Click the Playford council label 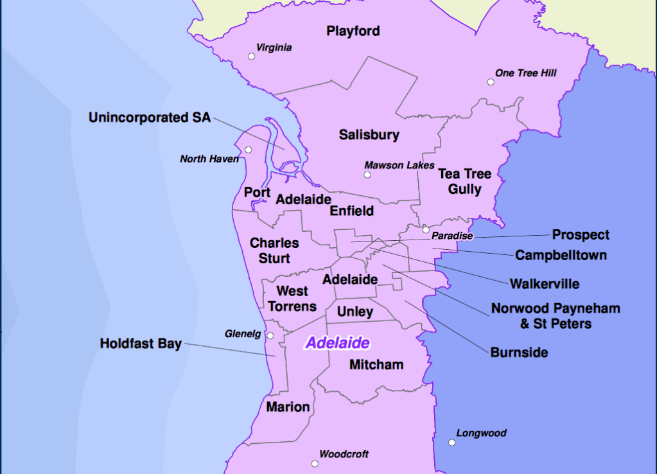(353, 31)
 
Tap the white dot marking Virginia (251, 57)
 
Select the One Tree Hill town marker (491, 82)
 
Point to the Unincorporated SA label (149, 118)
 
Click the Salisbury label (369, 135)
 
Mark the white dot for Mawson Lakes (367, 175)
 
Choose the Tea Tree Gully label (464, 182)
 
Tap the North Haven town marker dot (249, 150)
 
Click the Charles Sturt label (274, 250)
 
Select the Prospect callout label (581, 235)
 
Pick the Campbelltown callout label (561, 256)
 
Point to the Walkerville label (545, 284)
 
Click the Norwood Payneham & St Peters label (556, 316)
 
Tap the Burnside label (519, 353)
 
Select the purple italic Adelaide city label (337, 343)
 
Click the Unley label (355, 312)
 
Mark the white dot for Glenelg (270, 336)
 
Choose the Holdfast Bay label (141, 344)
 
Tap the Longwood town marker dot (452, 443)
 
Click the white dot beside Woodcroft (315, 464)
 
